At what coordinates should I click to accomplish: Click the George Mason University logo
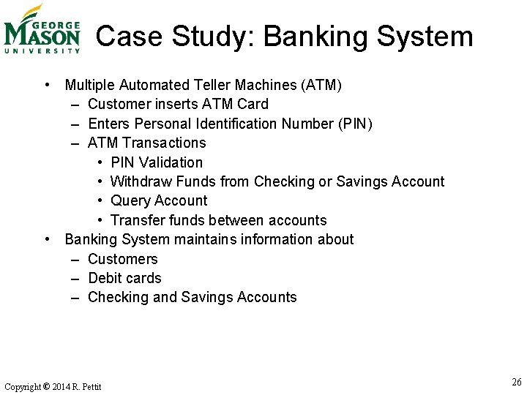42,29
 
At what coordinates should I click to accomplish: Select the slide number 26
517,382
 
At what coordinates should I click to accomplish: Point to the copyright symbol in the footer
46,386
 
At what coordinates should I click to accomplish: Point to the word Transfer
136,220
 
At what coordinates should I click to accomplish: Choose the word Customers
122,259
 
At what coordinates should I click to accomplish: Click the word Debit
105,278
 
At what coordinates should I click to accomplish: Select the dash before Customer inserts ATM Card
76,104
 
